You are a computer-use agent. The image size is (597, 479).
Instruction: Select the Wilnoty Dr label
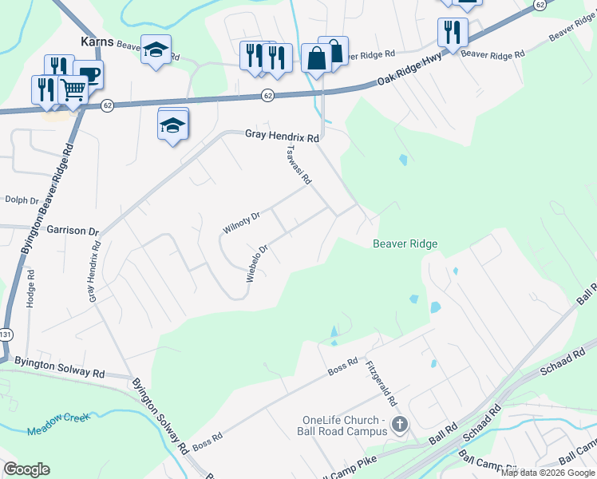pos(242,223)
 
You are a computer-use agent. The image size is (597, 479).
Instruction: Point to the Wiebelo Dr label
pos(255,263)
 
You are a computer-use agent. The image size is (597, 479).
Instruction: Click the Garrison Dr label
pos(72,229)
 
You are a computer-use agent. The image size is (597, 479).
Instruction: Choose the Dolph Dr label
pos(22,200)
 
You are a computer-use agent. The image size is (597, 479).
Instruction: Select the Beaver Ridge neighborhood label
pos(405,243)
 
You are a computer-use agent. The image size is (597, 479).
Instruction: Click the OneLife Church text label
pos(345,426)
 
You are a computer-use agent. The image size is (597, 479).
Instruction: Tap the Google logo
pos(26,469)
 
